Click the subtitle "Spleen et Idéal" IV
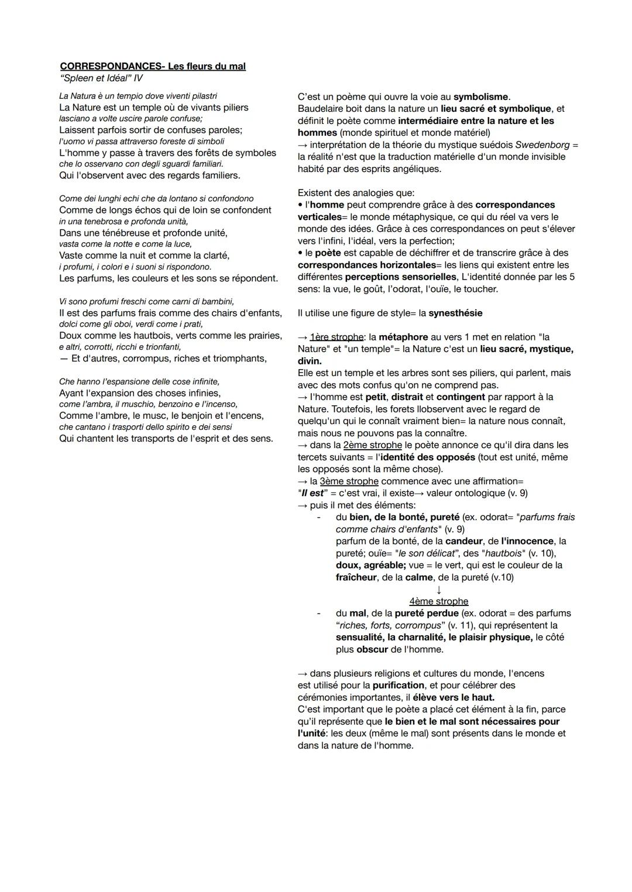tap(101, 78)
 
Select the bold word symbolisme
tap(481, 97)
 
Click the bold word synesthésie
tap(455, 313)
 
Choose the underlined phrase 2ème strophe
tap(373, 445)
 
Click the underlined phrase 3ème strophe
tap(349, 481)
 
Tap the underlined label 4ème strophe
tap(439, 601)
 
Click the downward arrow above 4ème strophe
tap(439, 590)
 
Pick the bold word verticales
tap(322, 217)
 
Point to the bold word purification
tap(399, 685)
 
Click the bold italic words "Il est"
tap(311, 493)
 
